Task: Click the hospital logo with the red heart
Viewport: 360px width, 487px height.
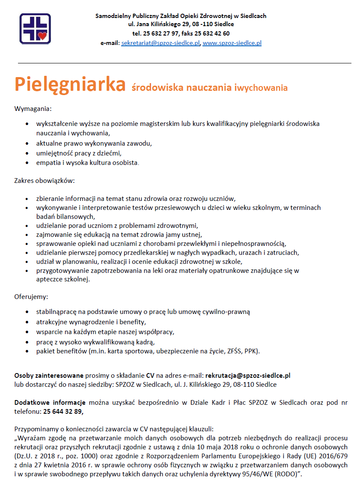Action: point(35,28)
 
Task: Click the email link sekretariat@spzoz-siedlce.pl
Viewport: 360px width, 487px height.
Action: point(161,43)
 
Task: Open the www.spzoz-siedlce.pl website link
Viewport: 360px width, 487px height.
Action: point(232,43)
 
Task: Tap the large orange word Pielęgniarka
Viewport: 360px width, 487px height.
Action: point(70,84)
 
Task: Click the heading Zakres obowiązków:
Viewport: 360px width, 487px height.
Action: point(45,181)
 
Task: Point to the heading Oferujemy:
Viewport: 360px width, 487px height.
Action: point(31,296)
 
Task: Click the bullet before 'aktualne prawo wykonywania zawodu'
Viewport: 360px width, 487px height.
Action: point(27,143)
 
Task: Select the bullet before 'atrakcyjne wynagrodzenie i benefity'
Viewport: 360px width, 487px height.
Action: point(27,322)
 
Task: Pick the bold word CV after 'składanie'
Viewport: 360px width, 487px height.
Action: point(150,376)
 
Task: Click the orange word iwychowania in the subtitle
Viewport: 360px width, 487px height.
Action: point(261,88)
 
